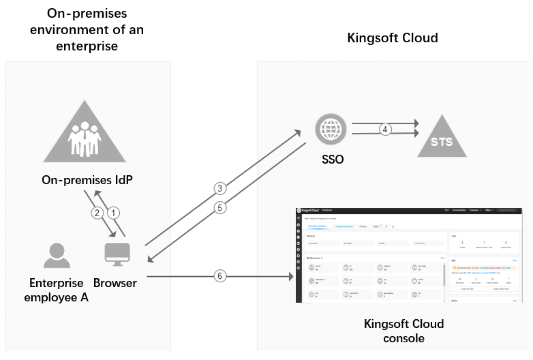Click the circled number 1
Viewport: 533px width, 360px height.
pyautogui.click(x=115, y=212)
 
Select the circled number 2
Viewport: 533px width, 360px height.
pyautogui.click(x=97, y=212)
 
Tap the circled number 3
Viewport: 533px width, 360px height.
pyautogui.click(x=219, y=187)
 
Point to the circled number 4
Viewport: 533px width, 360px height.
pyautogui.click(x=385, y=129)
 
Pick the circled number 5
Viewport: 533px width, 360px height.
pyautogui.click(x=219, y=208)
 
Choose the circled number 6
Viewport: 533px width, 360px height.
pyautogui.click(x=219, y=276)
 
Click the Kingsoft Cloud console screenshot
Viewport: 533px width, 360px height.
pyautogui.click(x=412, y=254)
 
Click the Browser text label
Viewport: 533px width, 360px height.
pyautogui.click(x=115, y=282)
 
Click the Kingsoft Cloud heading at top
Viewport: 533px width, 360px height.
pyautogui.click(x=393, y=37)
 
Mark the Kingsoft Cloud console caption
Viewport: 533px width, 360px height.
pyautogui.click(x=403, y=331)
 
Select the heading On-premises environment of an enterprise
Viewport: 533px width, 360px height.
pyautogui.click(x=88, y=30)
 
